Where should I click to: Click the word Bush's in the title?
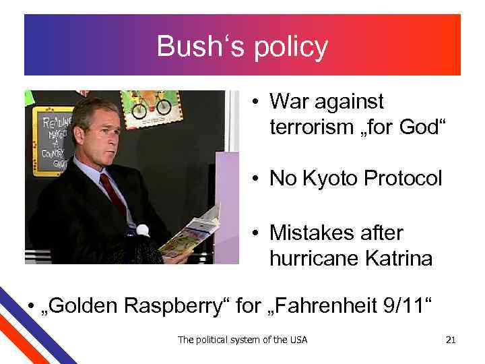point(191,47)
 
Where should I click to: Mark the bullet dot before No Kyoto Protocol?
point(257,179)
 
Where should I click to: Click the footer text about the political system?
point(243,340)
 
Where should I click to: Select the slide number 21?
point(451,340)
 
